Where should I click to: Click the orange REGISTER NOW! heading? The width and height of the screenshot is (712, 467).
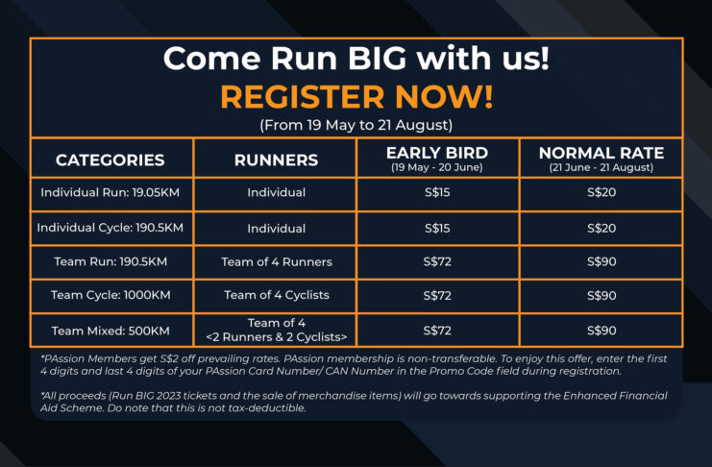(356, 97)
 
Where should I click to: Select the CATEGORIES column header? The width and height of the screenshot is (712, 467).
(110, 160)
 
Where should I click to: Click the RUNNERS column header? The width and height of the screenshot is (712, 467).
(276, 160)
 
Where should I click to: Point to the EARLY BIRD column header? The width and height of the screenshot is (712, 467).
(437, 159)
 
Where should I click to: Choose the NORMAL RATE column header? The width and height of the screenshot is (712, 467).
(602, 159)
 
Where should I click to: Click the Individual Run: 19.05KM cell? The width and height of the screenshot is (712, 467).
(110, 192)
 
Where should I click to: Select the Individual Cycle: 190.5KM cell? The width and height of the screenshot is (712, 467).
(110, 228)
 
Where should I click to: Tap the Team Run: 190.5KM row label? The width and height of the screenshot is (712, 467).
(110, 261)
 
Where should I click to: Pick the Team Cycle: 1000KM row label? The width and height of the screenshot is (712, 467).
(110, 295)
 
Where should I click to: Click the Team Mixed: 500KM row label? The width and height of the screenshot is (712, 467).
(110, 331)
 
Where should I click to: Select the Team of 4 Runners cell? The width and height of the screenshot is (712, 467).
(277, 262)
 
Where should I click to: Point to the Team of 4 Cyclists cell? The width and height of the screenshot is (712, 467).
(277, 295)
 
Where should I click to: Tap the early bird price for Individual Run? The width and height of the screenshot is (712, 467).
(437, 192)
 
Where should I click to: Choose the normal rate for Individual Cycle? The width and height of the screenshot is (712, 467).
(602, 228)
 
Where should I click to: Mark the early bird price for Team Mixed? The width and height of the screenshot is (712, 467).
(437, 331)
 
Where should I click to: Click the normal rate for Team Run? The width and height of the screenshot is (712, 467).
(602, 262)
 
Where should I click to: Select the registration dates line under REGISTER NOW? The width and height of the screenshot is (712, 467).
(356, 125)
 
